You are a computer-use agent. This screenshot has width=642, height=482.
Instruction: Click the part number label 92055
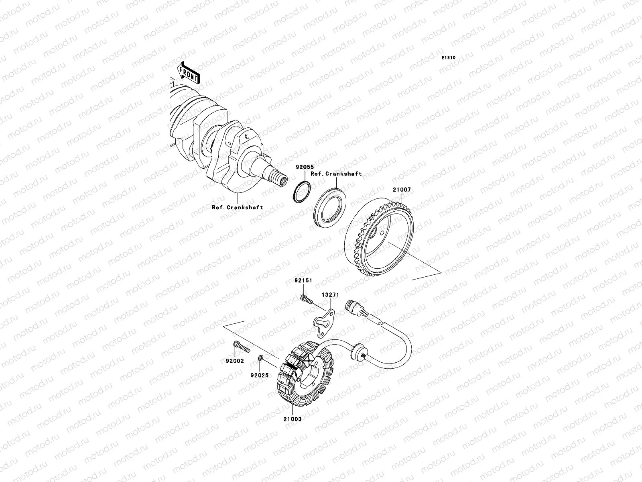coord(305,167)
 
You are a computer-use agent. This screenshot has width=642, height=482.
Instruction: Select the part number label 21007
coord(402,190)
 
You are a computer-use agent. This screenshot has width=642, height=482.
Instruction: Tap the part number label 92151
coord(303,280)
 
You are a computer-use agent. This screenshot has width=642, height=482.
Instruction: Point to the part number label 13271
coord(331,295)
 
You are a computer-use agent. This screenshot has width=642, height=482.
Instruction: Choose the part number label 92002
coord(235,361)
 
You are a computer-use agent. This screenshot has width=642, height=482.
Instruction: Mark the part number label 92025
coord(260,376)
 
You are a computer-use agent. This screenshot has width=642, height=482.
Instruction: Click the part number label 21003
coord(293,419)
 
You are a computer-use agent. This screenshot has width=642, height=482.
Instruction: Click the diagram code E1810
coord(448,58)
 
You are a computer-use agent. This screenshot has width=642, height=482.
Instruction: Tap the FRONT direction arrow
coord(188,73)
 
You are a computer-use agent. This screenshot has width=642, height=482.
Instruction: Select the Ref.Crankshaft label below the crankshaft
coord(238,208)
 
